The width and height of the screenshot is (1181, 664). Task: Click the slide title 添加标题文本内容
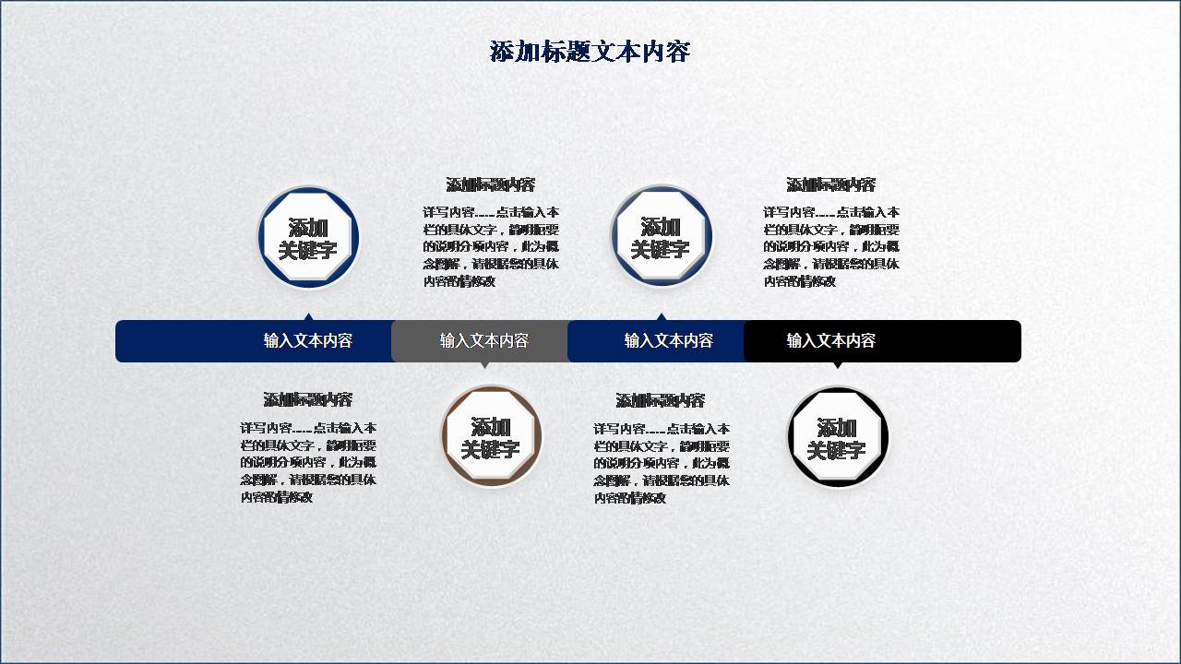[x=590, y=52]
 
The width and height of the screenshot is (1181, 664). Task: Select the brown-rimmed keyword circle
[x=491, y=436]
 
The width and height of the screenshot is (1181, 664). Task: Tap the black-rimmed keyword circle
[x=838, y=437]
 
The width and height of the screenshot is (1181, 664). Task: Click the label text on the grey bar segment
[x=483, y=340]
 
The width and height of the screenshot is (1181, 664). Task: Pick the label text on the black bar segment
[x=830, y=340]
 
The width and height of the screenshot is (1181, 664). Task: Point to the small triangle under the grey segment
[x=485, y=365]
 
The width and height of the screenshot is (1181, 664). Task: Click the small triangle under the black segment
[x=838, y=365]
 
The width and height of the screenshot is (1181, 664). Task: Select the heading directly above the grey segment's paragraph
[x=490, y=184]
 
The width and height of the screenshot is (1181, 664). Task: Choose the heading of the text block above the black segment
[x=830, y=184]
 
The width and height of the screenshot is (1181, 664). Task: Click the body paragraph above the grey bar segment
[x=491, y=246]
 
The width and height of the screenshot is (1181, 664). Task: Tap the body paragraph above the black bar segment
[x=830, y=246]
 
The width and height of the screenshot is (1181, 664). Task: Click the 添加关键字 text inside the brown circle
[x=491, y=438]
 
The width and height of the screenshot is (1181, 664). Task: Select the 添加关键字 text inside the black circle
[x=837, y=439]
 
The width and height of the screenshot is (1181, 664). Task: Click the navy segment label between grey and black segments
[x=668, y=340]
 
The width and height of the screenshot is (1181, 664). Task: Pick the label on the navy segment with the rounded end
[x=307, y=340]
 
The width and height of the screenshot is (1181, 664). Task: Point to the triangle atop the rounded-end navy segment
[x=309, y=316]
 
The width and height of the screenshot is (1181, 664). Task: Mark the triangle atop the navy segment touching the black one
[x=662, y=316]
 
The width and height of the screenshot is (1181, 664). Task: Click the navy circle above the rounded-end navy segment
[x=308, y=237]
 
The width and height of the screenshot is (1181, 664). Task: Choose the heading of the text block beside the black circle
[x=660, y=400]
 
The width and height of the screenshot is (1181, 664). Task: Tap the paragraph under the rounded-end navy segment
[x=308, y=462]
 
